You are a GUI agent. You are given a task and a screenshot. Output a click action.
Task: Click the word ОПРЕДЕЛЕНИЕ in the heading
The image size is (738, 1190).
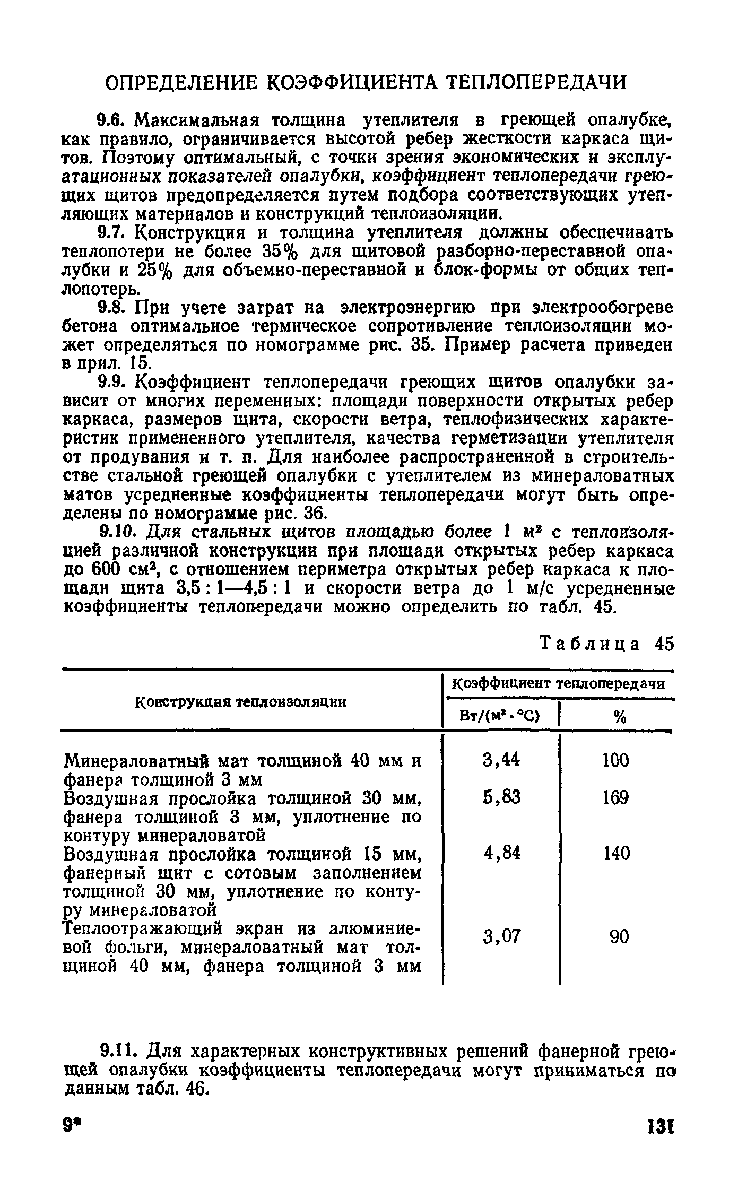coord(179,82)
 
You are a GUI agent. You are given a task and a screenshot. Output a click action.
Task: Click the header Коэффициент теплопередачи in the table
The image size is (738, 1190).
coord(558,684)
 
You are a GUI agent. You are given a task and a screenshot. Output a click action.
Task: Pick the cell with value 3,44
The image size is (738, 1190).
coord(501,760)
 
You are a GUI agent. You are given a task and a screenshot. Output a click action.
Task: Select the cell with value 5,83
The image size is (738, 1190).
coord(501,797)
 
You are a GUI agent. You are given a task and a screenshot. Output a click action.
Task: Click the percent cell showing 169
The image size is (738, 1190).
coord(616,797)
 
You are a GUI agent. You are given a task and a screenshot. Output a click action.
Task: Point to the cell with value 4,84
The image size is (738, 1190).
coord(501,854)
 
